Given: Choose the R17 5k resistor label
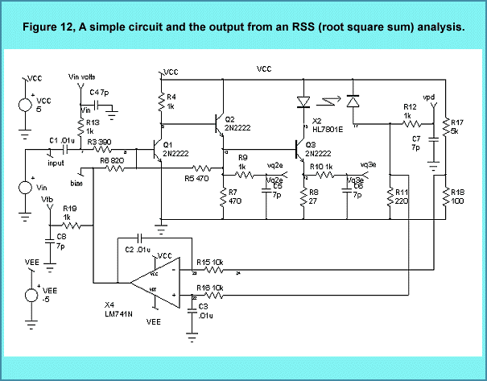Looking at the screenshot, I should click(x=454, y=126).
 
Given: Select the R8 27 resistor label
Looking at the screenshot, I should click(x=314, y=197).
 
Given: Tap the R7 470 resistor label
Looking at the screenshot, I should click(x=234, y=197).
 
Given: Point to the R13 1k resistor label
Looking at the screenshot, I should click(x=91, y=126).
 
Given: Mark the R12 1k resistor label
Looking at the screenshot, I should click(x=410, y=111).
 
